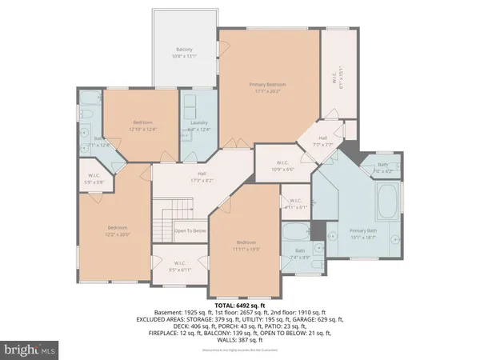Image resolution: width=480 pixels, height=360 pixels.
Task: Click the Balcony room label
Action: [x=184, y=53]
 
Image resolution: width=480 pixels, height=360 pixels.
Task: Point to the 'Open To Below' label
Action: [x=190, y=232]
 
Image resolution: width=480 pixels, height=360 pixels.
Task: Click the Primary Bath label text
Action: [x=362, y=234]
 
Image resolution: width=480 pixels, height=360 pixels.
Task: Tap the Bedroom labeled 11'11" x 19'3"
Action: [x=245, y=246]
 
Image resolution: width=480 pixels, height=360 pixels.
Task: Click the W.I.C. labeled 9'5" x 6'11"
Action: [x=180, y=266]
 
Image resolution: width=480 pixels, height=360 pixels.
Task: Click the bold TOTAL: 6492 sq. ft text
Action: [x=239, y=306]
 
